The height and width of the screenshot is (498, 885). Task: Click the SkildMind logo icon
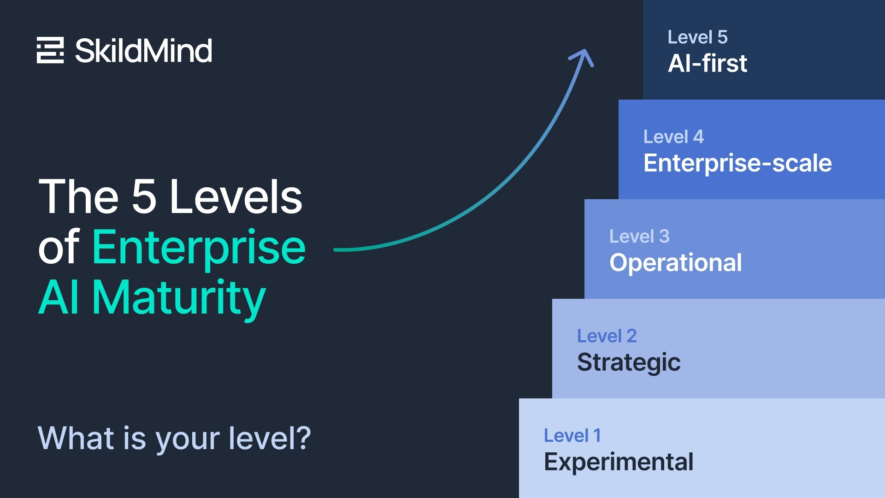(50, 50)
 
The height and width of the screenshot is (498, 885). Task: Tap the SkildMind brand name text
(143, 50)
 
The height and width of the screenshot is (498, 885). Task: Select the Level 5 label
(697, 37)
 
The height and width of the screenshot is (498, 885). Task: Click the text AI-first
(707, 64)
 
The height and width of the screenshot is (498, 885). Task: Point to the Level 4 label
(673, 137)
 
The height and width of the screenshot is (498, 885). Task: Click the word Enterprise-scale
(737, 163)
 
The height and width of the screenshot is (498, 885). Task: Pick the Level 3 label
(639, 237)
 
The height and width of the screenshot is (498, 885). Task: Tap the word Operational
(675, 263)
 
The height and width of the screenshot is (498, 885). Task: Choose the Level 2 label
(607, 336)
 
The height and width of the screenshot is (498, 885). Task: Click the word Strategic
(628, 362)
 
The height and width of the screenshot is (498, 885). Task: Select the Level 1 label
(572, 436)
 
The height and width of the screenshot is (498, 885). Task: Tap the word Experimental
(618, 462)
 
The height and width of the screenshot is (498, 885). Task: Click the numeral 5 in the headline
(144, 197)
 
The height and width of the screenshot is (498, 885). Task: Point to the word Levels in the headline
(236, 197)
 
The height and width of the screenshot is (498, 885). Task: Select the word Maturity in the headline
(179, 298)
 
